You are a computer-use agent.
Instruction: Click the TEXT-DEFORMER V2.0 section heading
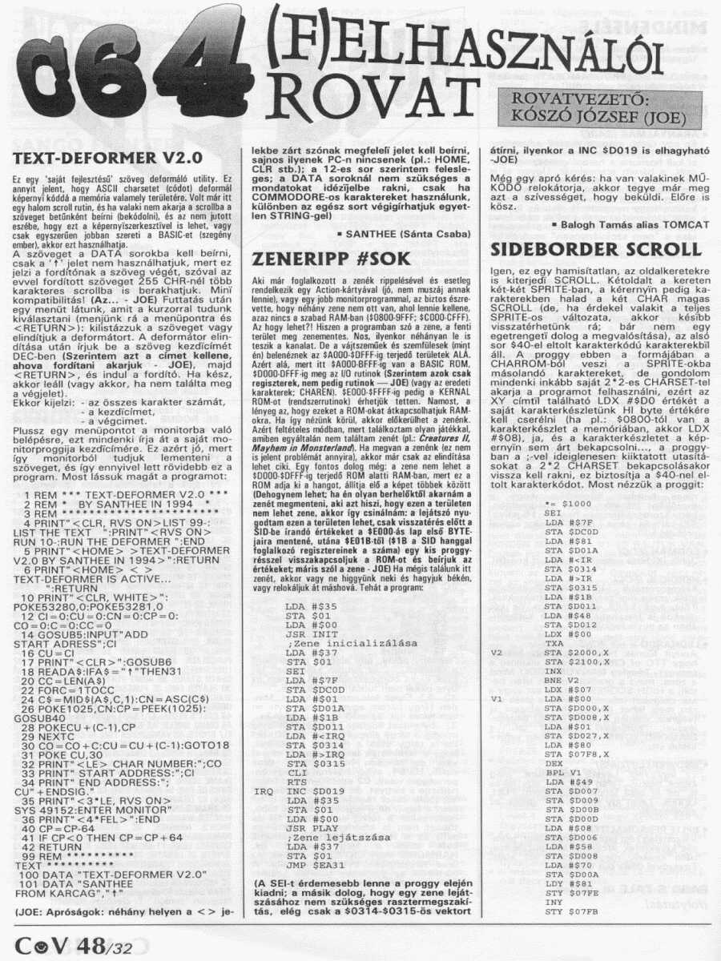pyautogui.click(x=109, y=158)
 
